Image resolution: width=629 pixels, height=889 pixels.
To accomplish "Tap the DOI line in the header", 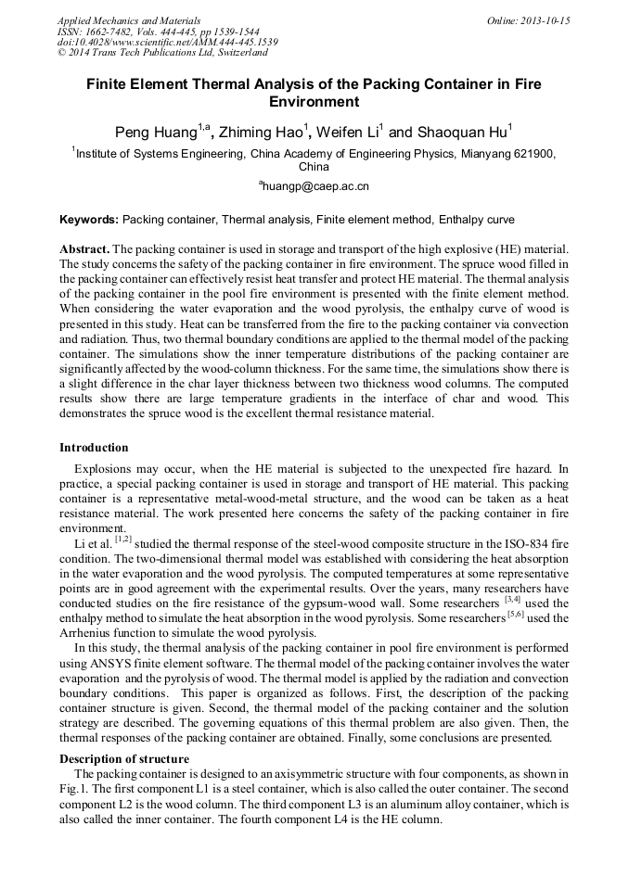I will click(x=168, y=43).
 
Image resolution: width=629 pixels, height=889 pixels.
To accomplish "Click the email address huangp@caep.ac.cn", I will click(x=316, y=186).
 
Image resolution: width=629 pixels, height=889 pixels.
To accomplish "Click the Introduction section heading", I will click(x=94, y=448).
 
